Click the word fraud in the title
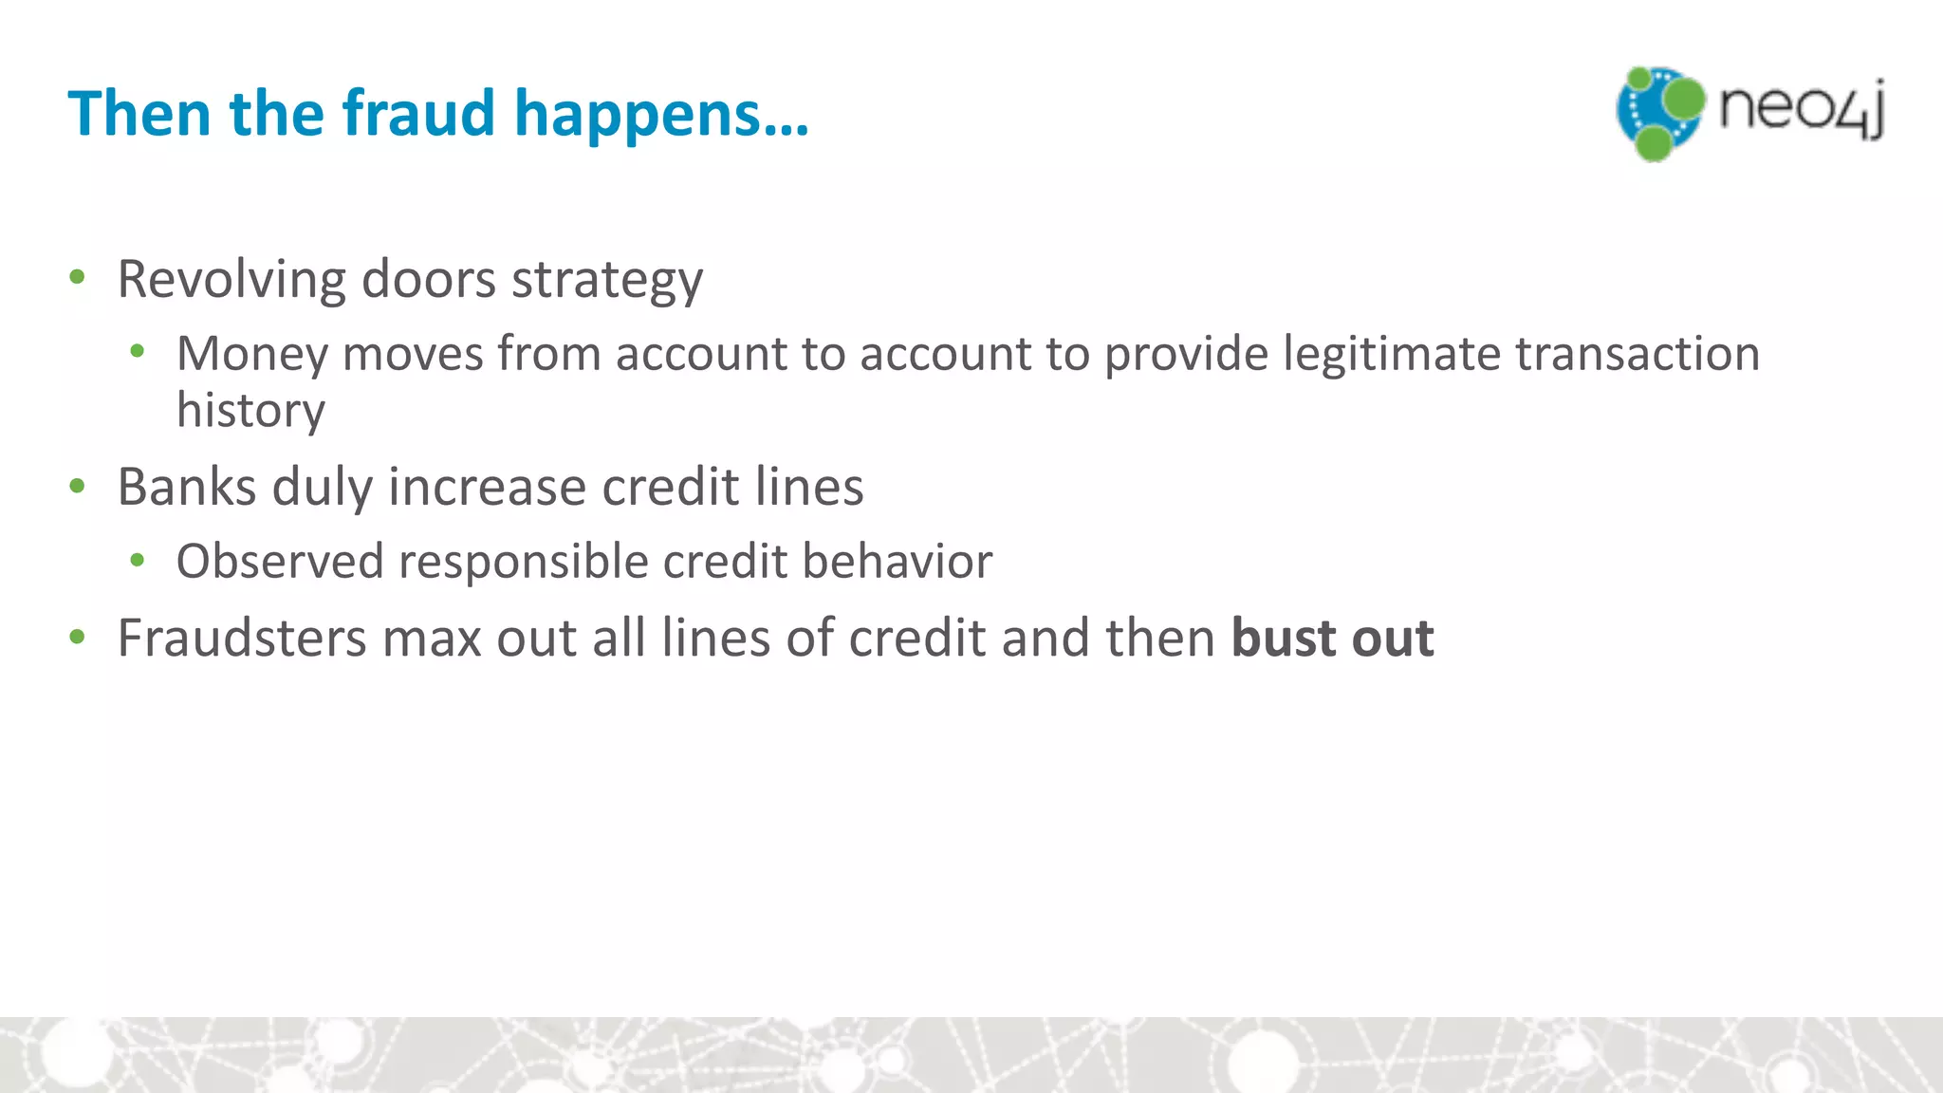pyautogui.click(x=418, y=113)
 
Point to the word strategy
pyautogui.click(x=607, y=281)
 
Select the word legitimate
pyautogui.click(x=1391, y=354)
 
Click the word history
pyautogui.click(x=250, y=410)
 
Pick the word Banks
pyautogui.click(x=187, y=487)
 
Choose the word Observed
pyautogui.click(x=279, y=561)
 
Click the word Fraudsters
pyautogui.click(x=241, y=637)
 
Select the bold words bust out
pyautogui.click(x=1332, y=637)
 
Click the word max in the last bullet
pyautogui.click(x=431, y=637)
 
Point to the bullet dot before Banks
pyautogui.click(x=78, y=487)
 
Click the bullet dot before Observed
pyautogui.click(x=138, y=561)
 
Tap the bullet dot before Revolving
pyautogui.click(x=78, y=278)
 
